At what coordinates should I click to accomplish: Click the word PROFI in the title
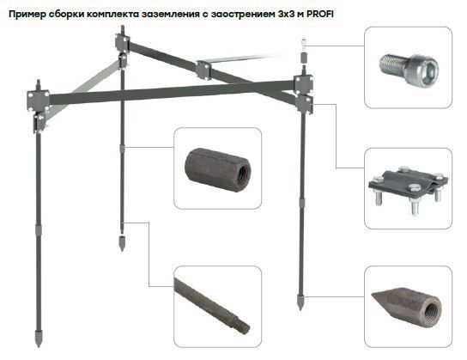[319, 14]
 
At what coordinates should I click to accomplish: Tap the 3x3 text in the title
[286, 14]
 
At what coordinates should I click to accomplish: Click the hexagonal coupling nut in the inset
[218, 170]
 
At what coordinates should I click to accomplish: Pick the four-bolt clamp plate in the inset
[409, 189]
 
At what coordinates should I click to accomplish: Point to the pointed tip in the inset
[407, 307]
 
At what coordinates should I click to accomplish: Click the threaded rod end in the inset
[212, 306]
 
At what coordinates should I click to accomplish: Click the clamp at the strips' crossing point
[203, 70]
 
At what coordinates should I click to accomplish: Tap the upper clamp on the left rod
[38, 101]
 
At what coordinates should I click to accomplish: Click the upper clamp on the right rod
[303, 84]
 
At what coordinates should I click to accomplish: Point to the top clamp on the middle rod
[123, 42]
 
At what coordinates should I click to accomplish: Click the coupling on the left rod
[39, 229]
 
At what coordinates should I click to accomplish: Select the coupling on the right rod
[302, 204]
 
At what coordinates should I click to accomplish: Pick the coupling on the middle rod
[122, 148]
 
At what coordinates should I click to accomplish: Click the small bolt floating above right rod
[304, 44]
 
